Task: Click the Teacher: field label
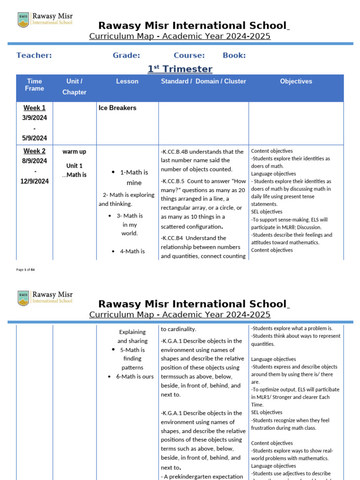(34, 55)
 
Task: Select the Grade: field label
(126, 55)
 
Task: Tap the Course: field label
(189, 55)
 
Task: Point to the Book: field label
(234, 55)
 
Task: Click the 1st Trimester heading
(180, 69)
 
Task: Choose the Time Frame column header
(35, 85)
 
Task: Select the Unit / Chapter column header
(75, 87)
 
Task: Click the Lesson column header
(127, 82)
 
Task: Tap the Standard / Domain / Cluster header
(203, 82)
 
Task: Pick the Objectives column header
(296, 82)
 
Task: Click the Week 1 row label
(35, 108)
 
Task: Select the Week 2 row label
(35, 151)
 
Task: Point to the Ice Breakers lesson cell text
(117, 108)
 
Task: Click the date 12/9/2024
(35, 181)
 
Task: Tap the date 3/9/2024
(35, 118)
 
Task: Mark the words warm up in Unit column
(74, 151)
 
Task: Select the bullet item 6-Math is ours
(135, 376)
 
